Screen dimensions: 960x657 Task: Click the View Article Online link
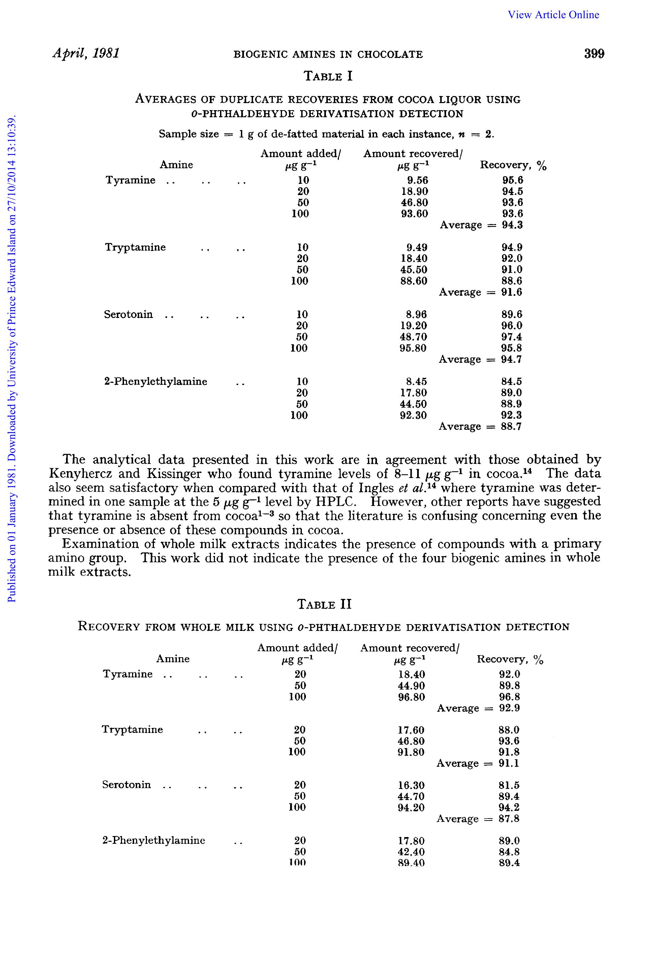tap(553, 15)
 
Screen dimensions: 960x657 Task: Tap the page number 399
tap(594, 54)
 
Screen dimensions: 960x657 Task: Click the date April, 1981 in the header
tap(86, 53)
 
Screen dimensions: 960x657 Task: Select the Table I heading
tap(328, 76)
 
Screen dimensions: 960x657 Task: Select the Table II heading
tap(324, 604)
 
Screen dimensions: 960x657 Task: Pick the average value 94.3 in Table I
tap(512, 225)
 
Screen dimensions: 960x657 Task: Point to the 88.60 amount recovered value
tap(414, 281)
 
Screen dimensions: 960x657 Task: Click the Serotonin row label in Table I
tap(128, 314)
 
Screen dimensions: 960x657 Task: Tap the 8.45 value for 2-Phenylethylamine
tap(417, 381)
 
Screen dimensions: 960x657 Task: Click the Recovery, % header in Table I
tap(513, 165)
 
